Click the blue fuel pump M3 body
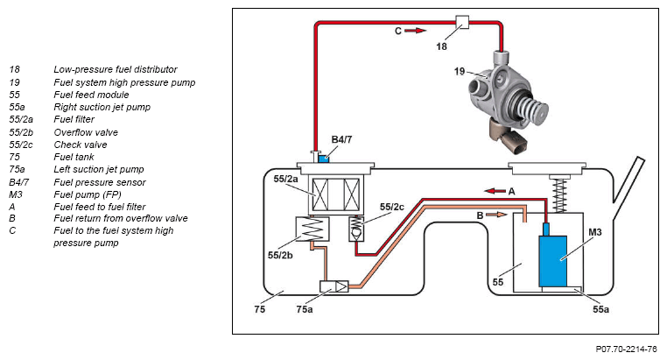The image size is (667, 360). tap(552, 260)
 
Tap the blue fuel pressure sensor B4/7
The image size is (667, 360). tap(324, 159)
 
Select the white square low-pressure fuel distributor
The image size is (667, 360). tap(462, 22)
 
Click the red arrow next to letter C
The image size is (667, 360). tap(415, 31)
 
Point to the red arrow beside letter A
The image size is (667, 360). tap(495, 191)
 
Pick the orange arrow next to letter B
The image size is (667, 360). tap(496, 215)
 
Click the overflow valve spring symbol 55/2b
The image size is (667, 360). tap(312, 229)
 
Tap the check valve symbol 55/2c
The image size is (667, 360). tap(356, 229)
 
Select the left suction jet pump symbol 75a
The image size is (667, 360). tap(333, 286)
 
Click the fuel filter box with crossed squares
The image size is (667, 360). tap(336, 194)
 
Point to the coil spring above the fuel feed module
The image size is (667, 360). tap(559, 195)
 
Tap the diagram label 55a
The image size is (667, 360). tap(600, 309)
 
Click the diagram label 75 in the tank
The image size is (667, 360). tap(259, 309)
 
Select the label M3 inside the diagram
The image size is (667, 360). tap(594, 232)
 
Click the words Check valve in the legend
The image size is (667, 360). tap(81, 145)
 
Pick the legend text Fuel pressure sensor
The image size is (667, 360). tap(100, 182)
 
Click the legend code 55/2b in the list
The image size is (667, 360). tap(21, 132)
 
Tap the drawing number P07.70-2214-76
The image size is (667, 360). tap(626, 349)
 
